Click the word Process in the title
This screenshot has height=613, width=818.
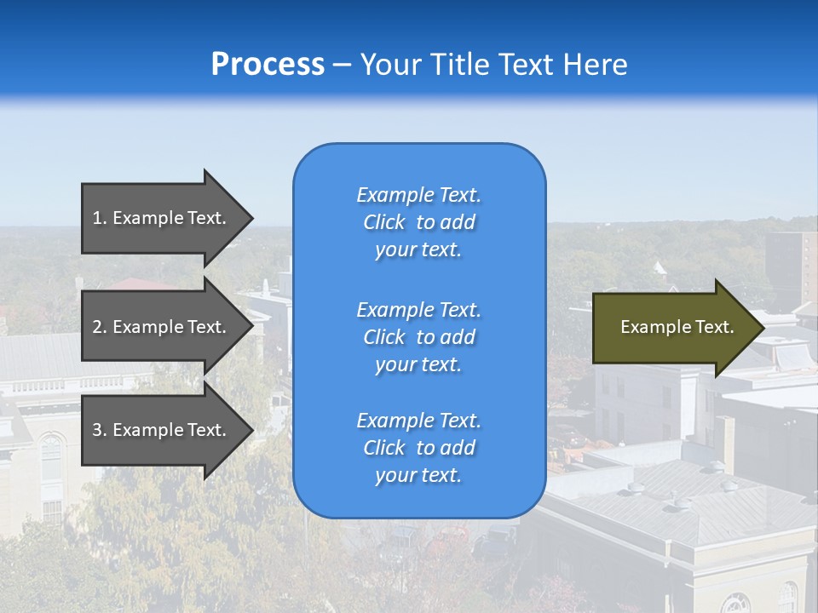(268, 65)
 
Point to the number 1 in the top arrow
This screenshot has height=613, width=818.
(97, 218)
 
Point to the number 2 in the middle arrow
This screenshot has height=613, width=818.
(98, 327)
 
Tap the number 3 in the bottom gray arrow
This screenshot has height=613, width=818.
(98, 430)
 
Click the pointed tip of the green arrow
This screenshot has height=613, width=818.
(760, 328)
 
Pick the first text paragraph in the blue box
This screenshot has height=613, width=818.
(418, 222)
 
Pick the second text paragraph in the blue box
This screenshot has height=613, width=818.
(418, 337)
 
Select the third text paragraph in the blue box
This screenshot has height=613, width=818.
(418, 448)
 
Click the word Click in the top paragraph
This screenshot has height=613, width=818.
(383, 223)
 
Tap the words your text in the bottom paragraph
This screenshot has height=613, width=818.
(418, 475)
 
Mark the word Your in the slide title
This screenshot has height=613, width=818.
(387, 65)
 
